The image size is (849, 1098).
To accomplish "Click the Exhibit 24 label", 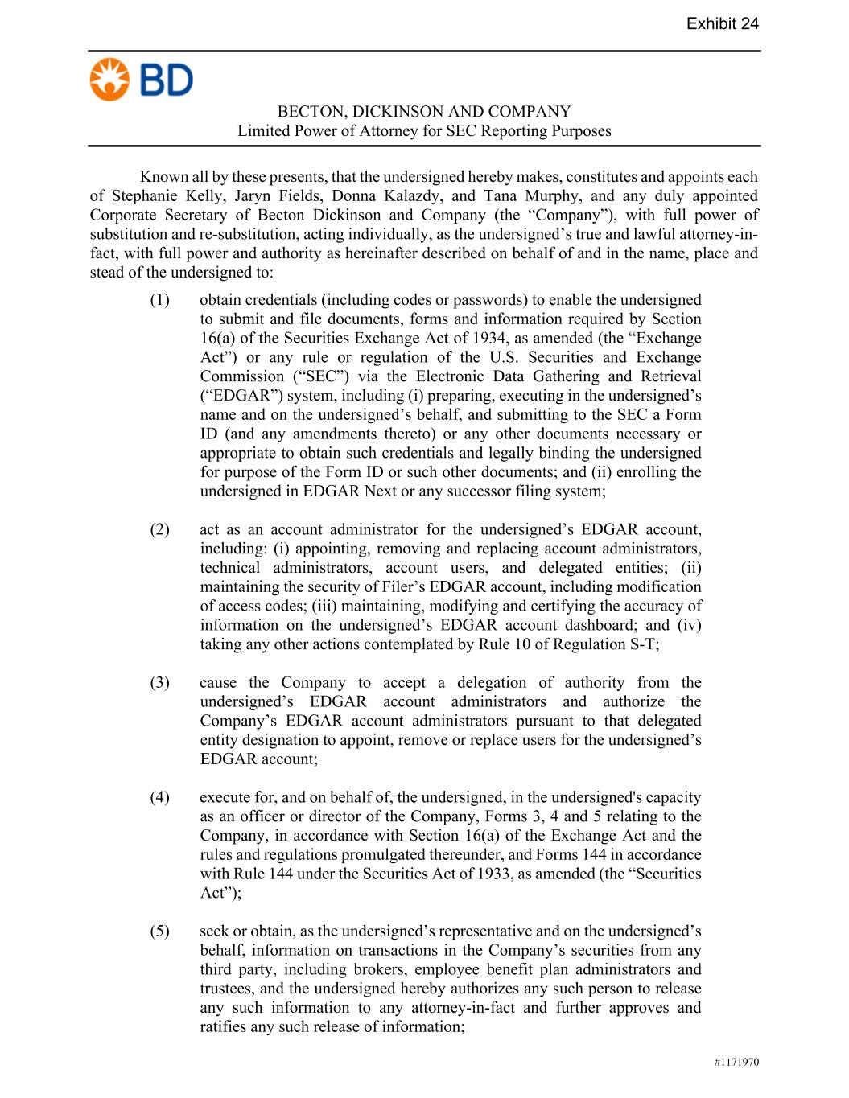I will (722, 23).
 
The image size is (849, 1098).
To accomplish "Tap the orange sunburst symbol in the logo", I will (109, 80).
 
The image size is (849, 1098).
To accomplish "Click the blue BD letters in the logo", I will (167, 80).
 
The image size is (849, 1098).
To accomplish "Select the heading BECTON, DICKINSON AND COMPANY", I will (424, 112).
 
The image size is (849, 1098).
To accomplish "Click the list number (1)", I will (159, 300).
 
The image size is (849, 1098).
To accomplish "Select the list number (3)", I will (159, 682).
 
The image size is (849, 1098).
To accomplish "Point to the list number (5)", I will (159, 931).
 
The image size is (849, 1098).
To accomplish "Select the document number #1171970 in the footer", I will (736, 1063).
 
